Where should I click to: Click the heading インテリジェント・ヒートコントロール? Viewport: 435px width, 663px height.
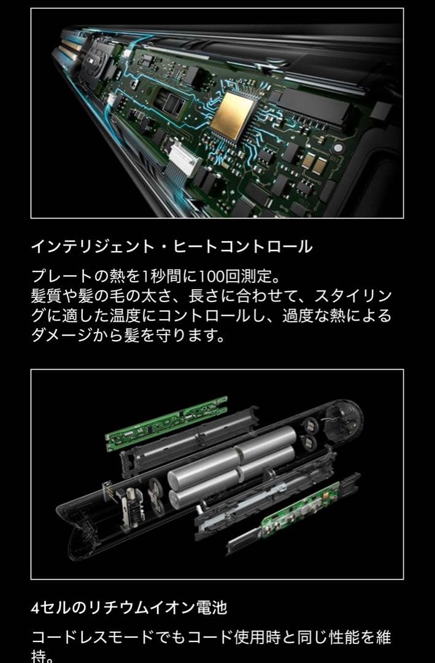click(x=171, y=247)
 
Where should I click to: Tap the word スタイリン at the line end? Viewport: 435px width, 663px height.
click(x=353, y=295)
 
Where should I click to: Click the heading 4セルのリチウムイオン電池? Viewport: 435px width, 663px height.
click(x=129, y=608)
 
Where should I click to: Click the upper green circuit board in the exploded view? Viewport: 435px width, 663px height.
click(x=166, y=424)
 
